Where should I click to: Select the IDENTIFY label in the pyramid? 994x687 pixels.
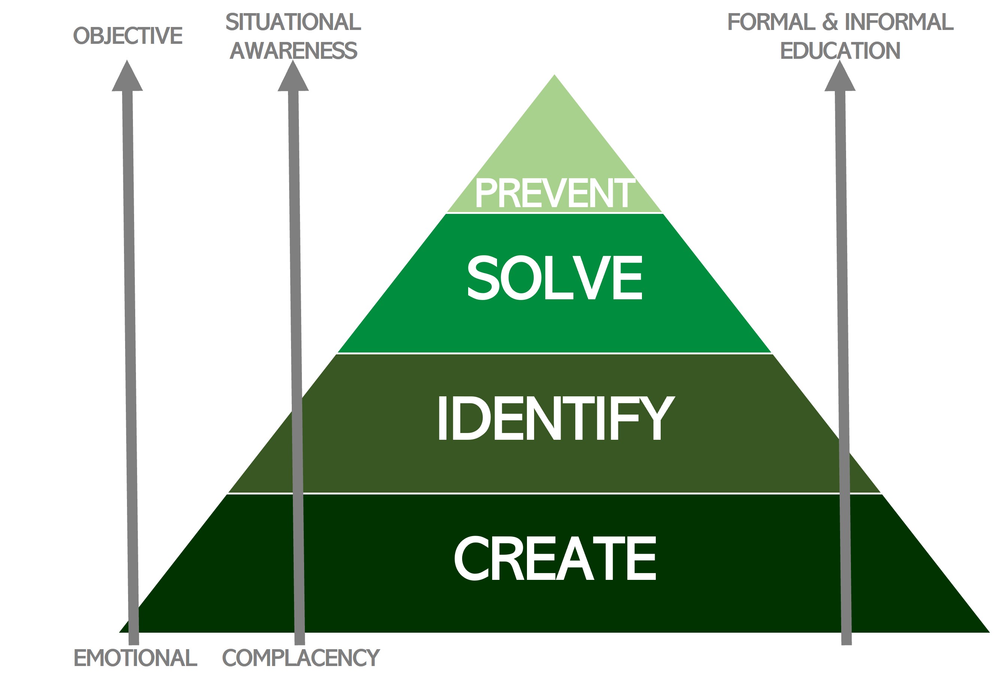(555, 418)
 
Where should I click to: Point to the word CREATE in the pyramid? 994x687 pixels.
(555, 558)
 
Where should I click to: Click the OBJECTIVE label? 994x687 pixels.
(128, 36)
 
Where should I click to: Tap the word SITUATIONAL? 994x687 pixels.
(293, 22)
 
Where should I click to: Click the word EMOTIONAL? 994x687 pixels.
(135, 658)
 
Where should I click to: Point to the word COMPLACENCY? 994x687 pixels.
(301, 658)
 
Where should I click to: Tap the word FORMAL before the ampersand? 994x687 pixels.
(771, 22)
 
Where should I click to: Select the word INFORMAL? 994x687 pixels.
(899, 22)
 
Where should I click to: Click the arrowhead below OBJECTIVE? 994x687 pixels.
(127, 78)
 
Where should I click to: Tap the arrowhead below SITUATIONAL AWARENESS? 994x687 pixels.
(293, 78)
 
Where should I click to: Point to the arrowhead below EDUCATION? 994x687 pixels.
(840, 78)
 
